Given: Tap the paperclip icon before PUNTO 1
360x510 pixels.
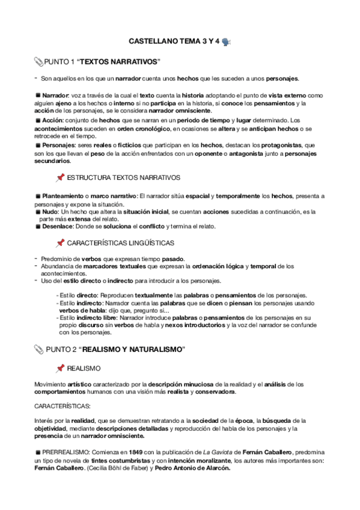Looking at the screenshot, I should tap(39, 62).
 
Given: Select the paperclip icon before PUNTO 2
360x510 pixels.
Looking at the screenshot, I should tap(39, 349).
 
